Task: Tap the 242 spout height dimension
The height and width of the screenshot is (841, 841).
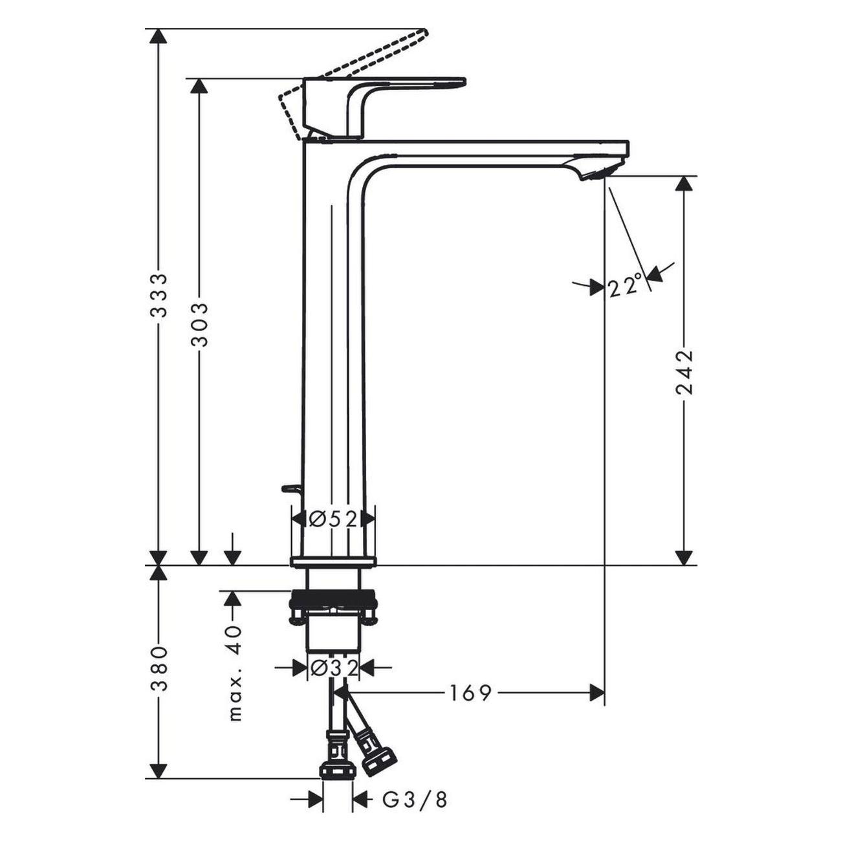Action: click(x=684, y=372)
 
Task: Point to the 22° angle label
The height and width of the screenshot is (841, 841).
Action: click(x=626, y=287)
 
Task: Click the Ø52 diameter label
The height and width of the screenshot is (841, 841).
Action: click(x=333, y=519)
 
